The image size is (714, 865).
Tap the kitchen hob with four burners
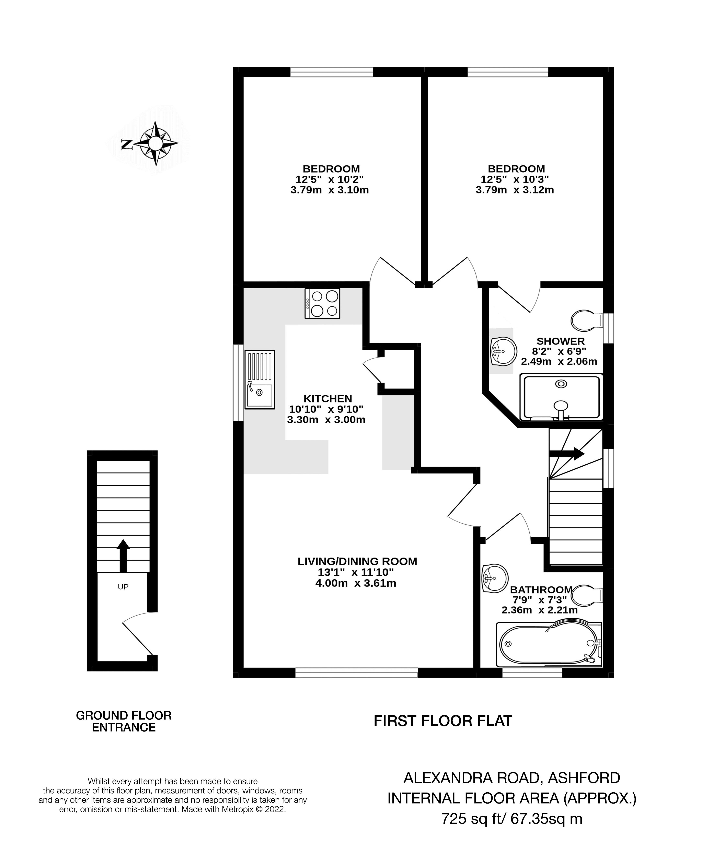tap(322, 303)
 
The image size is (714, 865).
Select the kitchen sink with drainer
tap(260, 379)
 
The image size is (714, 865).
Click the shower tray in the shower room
tap(561, 397)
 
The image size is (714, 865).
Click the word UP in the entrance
tap(123, 587)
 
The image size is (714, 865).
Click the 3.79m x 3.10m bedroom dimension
tap(330, 190)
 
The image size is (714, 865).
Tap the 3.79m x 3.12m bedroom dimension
tap(515, 190)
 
